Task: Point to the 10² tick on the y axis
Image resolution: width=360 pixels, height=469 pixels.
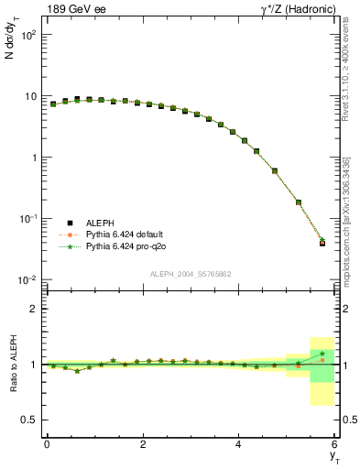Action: pos(27,35)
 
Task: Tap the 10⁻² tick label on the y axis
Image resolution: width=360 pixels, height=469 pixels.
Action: pos(27,279)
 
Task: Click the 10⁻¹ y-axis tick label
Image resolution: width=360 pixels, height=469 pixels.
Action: pos(27,219)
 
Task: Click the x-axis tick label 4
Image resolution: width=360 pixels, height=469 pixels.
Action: pos(239,444)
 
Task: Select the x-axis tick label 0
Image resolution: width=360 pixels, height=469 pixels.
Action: pos(47,444)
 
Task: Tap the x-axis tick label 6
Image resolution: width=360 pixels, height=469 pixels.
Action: pos(335,444)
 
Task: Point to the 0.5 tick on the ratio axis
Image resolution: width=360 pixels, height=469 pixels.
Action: pos(27,420)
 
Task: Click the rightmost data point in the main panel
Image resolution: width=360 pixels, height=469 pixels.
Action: pos(322,243)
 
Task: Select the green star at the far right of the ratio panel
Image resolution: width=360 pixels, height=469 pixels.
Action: pos(322,354)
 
